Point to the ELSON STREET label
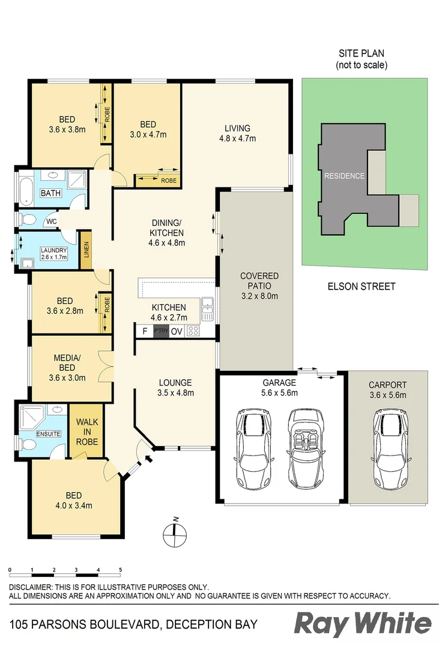pyautogui.click(x=361, y=287)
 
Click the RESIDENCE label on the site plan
pyautogui.click(x=344, y=176)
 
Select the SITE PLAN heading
pyautogui.click(x=361, y=53)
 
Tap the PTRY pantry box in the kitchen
pyautogui.click(x=161, y=331)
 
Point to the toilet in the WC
pyautogui.click(x=26, y=219)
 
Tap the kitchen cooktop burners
pyautogui.click(x=193, y=331)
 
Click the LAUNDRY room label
pyautogui.click(x=54, y=251)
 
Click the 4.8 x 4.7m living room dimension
pyautogui.click(x=237, y=138)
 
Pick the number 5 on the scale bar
pyautogui.click(x=121, y=569)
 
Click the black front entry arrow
pyautogui.click(x=148, y=460)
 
